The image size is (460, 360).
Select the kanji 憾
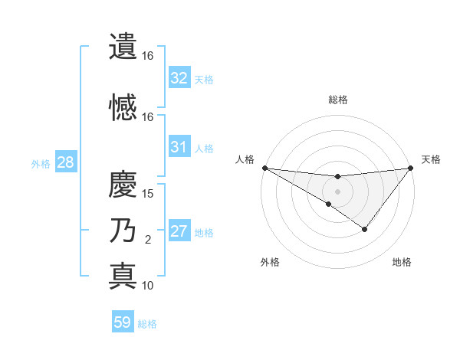click(123, 107)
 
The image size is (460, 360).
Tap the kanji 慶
click(123, 185)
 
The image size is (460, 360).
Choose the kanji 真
click(123, 275)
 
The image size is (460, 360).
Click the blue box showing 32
click(179, 78)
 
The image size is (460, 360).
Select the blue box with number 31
click(179, 147)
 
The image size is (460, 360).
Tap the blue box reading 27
click(179, 231)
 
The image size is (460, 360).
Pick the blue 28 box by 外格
click(64, 163)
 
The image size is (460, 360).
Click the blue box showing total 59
click(123, 322)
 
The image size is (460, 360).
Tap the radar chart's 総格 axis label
click(337, 100)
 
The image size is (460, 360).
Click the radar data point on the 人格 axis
click(264, 168)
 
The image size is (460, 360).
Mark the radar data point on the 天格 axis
click(411, 168)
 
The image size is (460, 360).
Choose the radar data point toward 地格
click(365, 229)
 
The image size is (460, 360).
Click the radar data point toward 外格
click(328, 204)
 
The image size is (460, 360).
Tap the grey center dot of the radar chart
click(337, 191)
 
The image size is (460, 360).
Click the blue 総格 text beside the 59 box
click(147, 324)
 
